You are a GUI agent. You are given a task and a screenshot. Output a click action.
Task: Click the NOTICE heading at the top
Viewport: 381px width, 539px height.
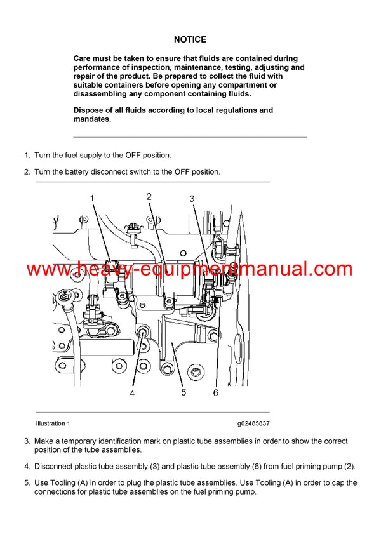(190, 39)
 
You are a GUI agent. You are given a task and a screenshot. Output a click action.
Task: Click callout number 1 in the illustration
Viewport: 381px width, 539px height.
(92, 199)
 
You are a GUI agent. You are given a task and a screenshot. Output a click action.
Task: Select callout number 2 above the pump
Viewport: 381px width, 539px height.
(149, 197)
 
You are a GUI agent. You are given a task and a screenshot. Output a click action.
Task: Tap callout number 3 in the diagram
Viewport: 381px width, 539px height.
(192, 199)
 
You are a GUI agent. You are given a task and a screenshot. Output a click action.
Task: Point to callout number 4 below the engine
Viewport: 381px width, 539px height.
(132, 393)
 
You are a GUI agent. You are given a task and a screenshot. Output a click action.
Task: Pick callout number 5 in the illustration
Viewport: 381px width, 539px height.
(184, 392)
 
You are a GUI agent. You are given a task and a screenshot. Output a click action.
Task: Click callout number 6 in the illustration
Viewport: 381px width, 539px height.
(215, 393)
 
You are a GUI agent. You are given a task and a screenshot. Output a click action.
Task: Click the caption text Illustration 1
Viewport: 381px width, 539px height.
(53, 423)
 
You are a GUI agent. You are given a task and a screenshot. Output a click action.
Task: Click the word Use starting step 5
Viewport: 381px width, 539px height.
(41, 483)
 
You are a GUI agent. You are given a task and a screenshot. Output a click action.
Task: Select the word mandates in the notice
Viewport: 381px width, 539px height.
(92, 119)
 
